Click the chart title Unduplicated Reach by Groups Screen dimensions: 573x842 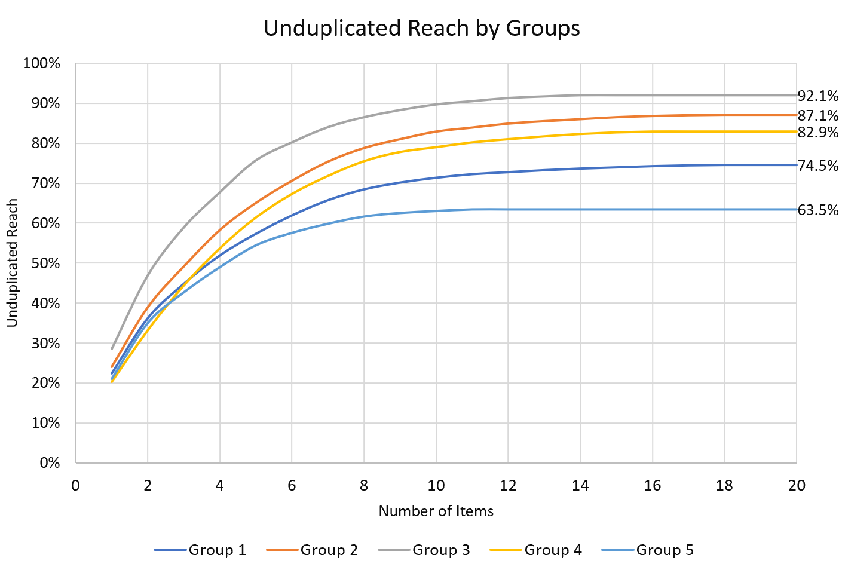421,29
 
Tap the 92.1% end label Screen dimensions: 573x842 818,96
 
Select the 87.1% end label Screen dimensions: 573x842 818,115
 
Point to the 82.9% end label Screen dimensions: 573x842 818,133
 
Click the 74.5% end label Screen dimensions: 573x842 818,166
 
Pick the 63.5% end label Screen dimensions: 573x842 818,210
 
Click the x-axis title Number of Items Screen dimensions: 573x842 436,511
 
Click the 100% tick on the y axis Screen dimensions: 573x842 42,63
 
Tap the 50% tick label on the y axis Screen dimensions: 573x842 44,263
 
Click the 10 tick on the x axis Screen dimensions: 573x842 436,486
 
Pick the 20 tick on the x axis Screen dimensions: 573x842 797,486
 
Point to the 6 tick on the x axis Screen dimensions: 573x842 292,486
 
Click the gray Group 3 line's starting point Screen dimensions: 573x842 112,349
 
